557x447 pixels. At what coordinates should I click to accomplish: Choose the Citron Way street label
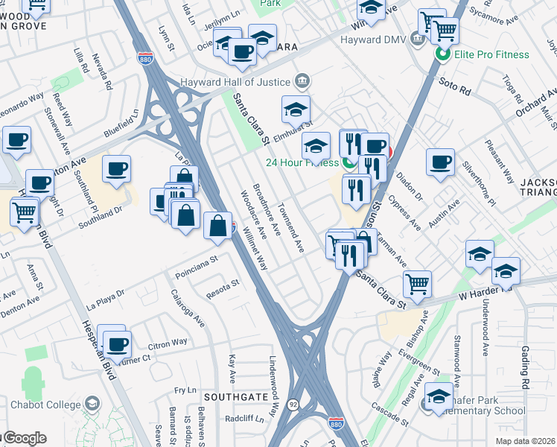tap(169, 343)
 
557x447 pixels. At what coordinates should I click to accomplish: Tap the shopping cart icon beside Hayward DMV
tap(445, 31)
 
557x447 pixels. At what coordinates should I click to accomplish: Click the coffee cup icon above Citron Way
tap(115, 344)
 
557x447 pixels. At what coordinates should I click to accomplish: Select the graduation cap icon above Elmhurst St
tap(296, 110)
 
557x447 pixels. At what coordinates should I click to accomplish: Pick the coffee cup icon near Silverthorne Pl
tap(440, 162)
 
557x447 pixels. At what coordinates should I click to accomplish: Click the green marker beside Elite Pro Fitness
tap(442, 54)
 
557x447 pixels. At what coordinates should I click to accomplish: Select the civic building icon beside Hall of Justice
tap(302, 80)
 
